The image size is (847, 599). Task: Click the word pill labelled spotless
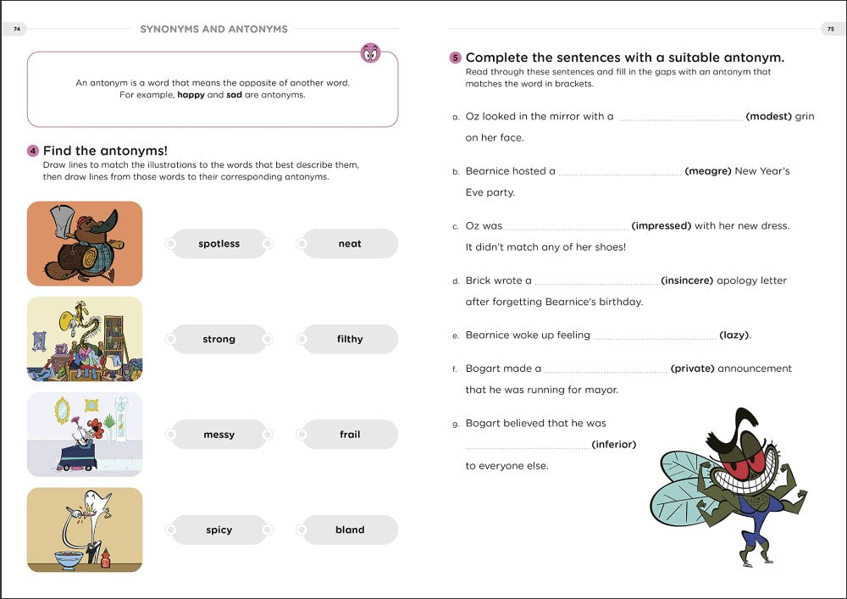pyautogui.click(x=219, y=244)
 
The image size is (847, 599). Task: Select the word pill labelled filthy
pyautogui.click(x=350, y=339)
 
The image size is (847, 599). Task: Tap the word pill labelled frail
pyautogui.click(x=350, y=435)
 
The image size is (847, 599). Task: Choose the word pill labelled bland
pyautogui.click(x=350, y=530)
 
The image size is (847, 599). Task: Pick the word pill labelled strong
pyautogui.click(x=219, y=339)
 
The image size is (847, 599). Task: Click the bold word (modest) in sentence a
pyautogui.click(x=769, y=116)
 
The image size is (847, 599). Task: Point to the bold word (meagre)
pyautogui.click(x=707, y=170)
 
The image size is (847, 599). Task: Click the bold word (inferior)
pyautogui.click(x=613, y=444)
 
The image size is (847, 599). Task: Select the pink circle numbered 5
pyautogui.click(x=456, y=58)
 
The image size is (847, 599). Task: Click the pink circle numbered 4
pyautogui.click(x=33, y=151)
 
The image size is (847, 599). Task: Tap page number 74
pyautogui.click(x=16, y=29)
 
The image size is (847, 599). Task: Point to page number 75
pyautogui.click(x=831, y=29)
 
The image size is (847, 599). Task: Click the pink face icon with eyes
pyautogui.click(x=371, y=53)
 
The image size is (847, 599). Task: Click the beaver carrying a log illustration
pyautogui.click(x=85, y=244)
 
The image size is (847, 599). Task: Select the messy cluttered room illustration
pyautogui.click(x=85, y=339)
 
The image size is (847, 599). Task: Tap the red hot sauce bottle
pyautogui.click(x=105, y=558)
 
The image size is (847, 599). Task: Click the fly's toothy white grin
pyautogui.click(x=745, y=480)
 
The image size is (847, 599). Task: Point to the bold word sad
pyautogui.click(x=234, y=95)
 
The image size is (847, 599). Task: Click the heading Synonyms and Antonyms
pyautogui.click(x=214, y=29)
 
